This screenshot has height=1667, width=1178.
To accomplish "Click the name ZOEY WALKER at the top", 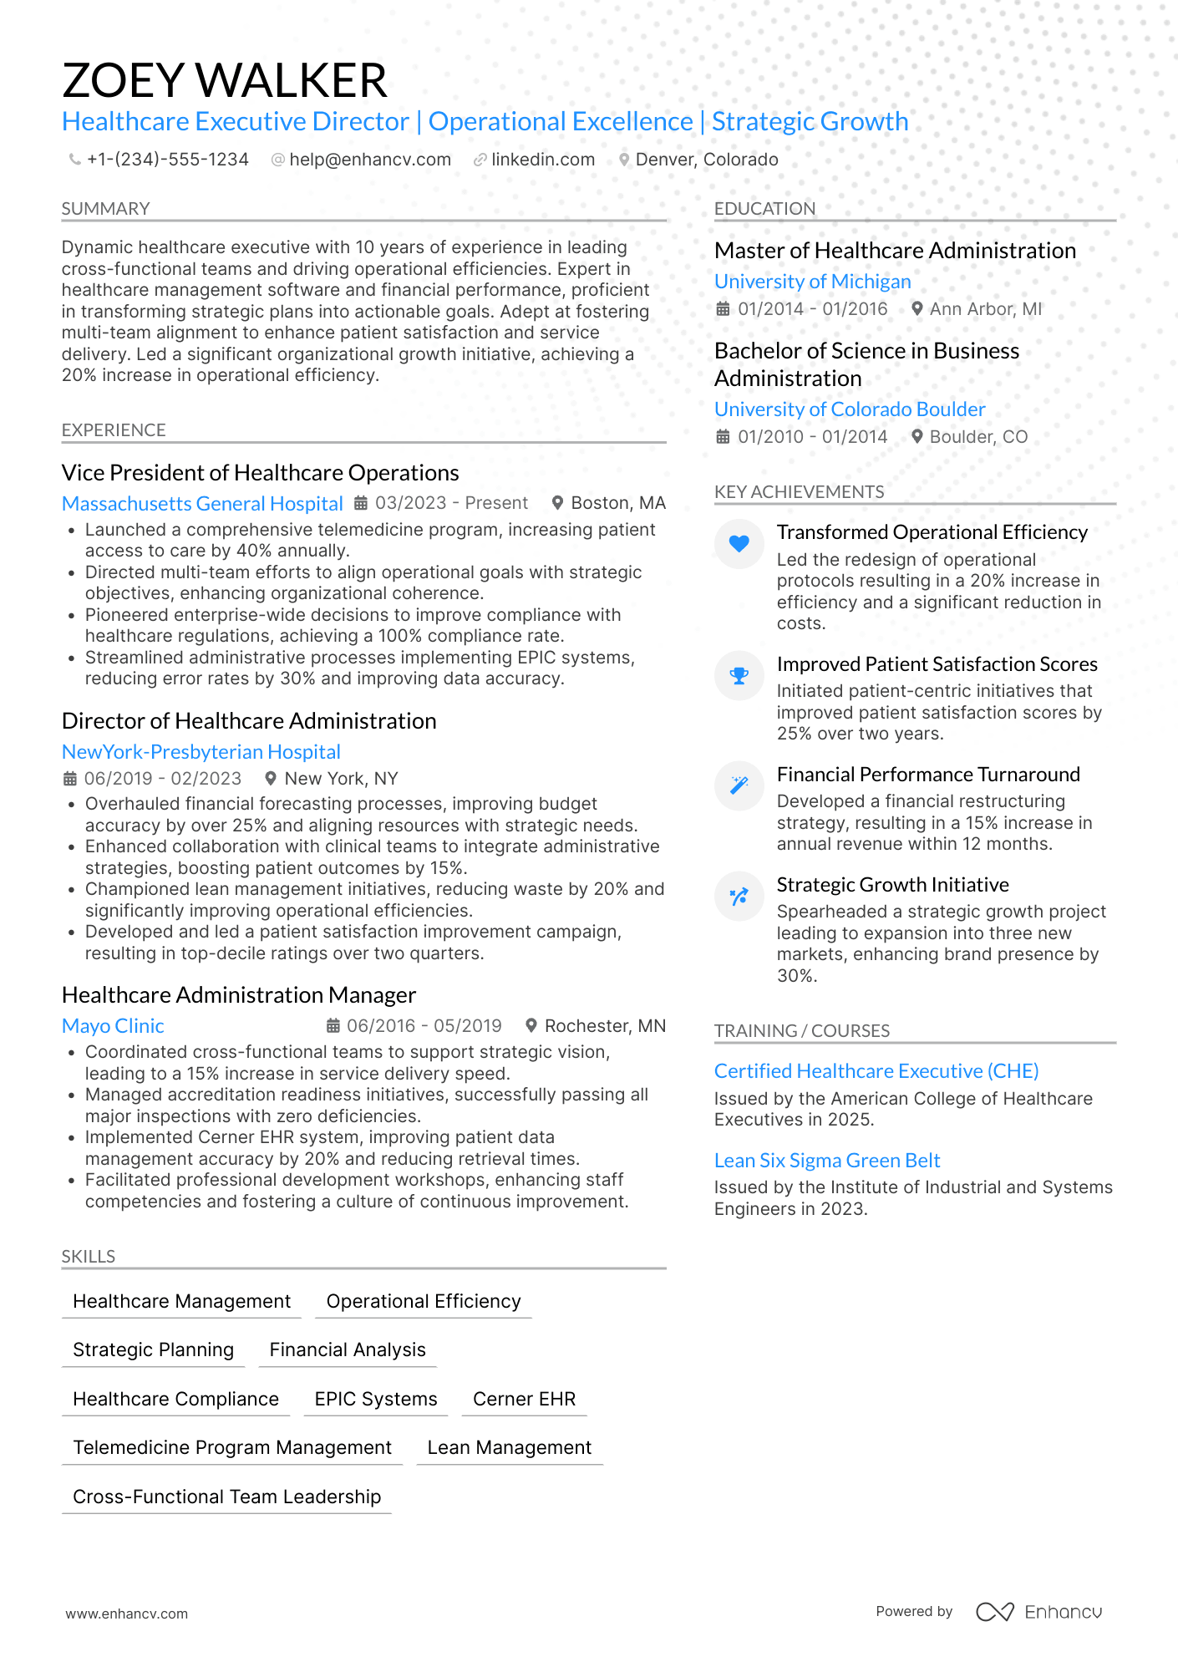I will pyautogui.click(x=224, y=80).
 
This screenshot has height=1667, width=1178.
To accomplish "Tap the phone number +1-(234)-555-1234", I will pyautogui.click(x=167, y=160).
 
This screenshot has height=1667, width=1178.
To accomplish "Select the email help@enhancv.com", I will pyautogui.click(x=369, y=160).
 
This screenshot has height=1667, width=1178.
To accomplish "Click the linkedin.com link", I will pyautogui.click(x=542, y=160).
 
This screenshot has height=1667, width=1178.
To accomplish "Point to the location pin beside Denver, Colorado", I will pyautogui.click(x=623, y=160).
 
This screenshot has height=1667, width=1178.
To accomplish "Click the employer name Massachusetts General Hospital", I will pyautogui.click(x=202, y=504).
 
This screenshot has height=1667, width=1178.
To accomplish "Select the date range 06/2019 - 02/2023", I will pyautogui.click(x=162, y=779).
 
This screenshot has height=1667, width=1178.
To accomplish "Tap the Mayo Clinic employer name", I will pyautogui.click(x=113, y=1026).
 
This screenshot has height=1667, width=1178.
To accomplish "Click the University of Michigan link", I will pyautogui.click(x=812, y=282).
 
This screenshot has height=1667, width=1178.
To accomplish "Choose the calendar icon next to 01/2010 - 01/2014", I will pyautogui.click(x=723, y=437).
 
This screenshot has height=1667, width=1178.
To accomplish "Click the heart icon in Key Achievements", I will pyautogui.click(x=739, y=544).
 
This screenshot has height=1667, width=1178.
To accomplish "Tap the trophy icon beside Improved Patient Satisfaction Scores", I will pyautogui.click(x=739, y=675).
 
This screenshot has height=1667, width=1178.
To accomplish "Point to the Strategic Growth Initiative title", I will pyautogui.click(x=892, y=885).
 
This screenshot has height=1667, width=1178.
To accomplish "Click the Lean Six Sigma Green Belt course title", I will pyautogui.click(x=827, y=1161).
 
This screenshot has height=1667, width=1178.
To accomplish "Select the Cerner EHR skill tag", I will pyautogui.click(x=524, y=1399).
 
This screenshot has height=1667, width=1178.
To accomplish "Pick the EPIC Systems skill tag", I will pyautogui.click(x=376, y=1399).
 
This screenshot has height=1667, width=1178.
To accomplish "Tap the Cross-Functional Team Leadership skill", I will pyautogui.click(x=226, y=1497).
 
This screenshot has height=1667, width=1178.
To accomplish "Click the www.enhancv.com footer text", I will pyautogui.click(x=127, y=1614).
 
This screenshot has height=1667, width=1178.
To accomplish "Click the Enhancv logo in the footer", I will pyautogui.click(x=1038, y=1612).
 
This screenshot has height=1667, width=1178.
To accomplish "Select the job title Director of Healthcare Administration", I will pyautogui.click(x=249, y=721).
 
